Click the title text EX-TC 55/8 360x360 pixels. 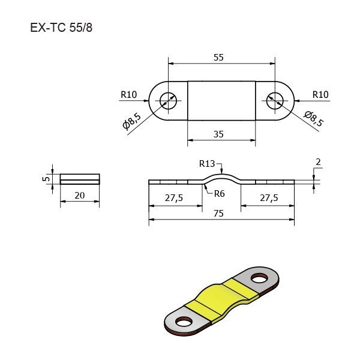pos(61,28)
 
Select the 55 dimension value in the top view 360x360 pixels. pos(218,58)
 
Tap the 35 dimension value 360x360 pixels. pos(218,134)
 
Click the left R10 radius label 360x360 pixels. pos(129,94)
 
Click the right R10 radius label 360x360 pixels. pos(320,94)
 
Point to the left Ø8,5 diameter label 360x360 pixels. pos(132,121)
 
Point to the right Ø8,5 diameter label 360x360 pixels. pos(314,119)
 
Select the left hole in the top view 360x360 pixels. pos(168,101)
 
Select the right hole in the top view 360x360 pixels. pos(275,101)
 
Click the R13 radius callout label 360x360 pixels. pos(207,164)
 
